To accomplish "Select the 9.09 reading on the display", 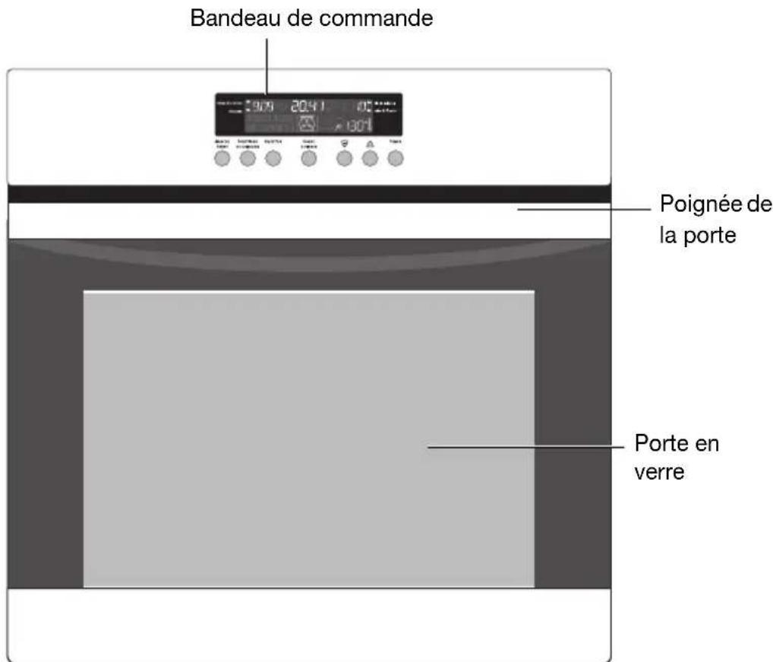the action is pyautogui.click(x=259, y=106).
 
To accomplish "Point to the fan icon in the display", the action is pyautogui.click(x=308, y=123).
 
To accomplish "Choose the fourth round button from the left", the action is pyautogui.click(x=308, y=159).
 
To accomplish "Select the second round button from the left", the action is pyautogui.click(x=247, y=159).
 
